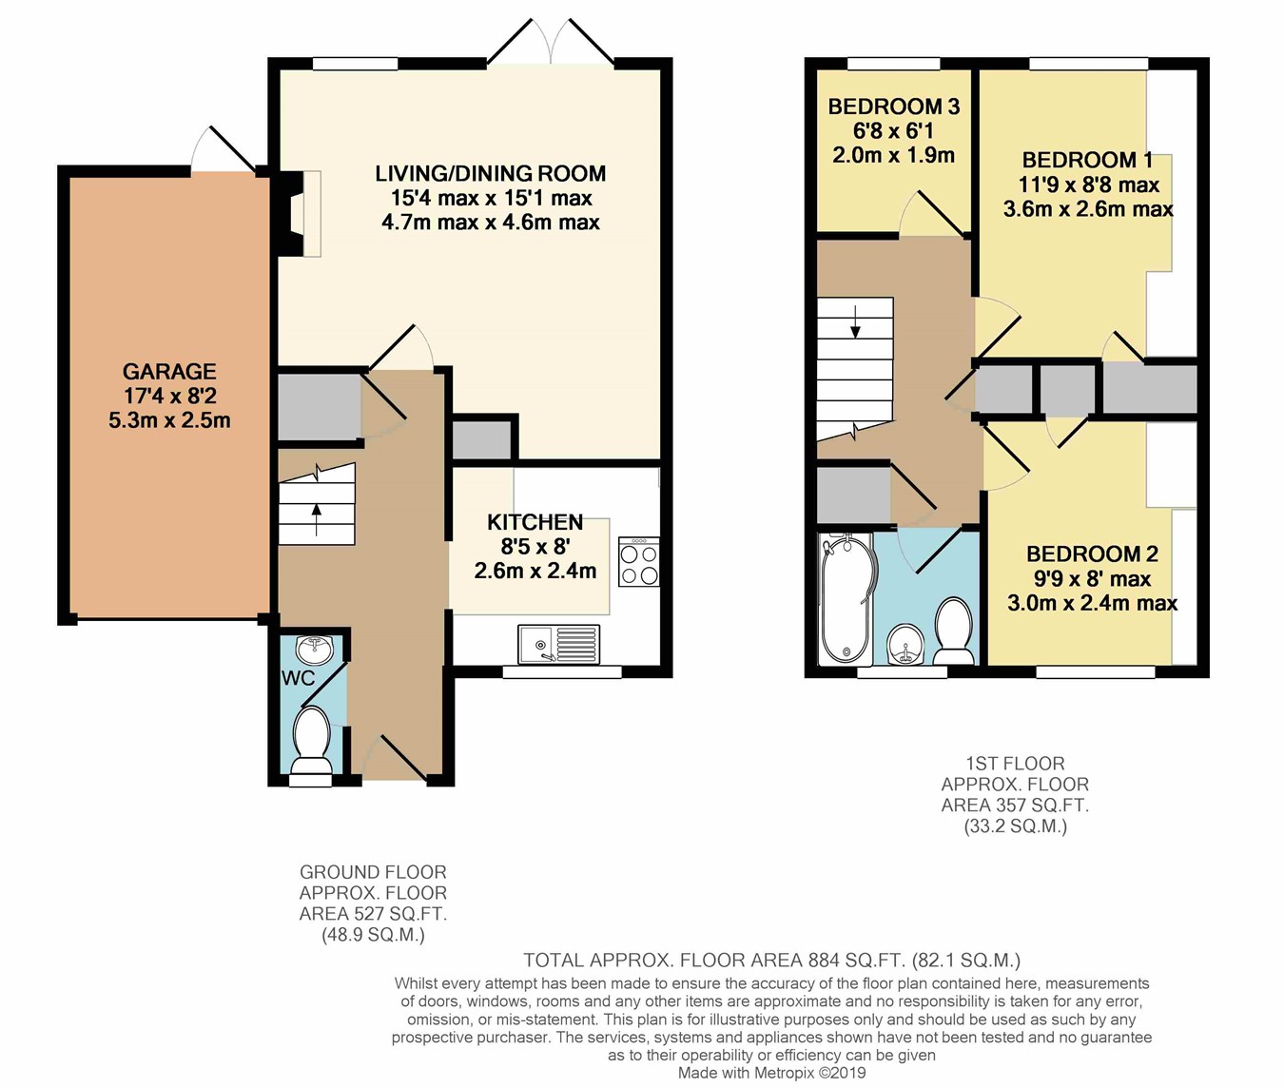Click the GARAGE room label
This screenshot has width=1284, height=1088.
click(x=169, y=371)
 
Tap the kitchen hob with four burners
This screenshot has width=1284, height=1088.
click(x=638, y=561)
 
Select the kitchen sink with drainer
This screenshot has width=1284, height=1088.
click(x=559, y=644)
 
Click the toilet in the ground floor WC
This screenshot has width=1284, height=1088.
click(x=312, y=742)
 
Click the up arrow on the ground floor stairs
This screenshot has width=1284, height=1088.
click(x=317, y=519)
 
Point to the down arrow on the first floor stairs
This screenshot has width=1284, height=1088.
click(x=856, y=321)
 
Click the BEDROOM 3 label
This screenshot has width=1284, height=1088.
click(x=894, y=107)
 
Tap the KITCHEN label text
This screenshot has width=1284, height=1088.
click(x=535, y=523)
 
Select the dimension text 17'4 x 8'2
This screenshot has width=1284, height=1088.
click(x=169, y=396)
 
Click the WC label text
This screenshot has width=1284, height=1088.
click(x=298, y=679)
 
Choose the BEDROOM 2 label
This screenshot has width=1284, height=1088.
click(x=1092, y=554)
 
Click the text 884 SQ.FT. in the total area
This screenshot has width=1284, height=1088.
click(x=857, y=960)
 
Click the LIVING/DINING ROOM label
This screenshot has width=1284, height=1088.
click(x=490, y=173)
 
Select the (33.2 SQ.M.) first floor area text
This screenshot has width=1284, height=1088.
click(x=1015, y=826)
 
